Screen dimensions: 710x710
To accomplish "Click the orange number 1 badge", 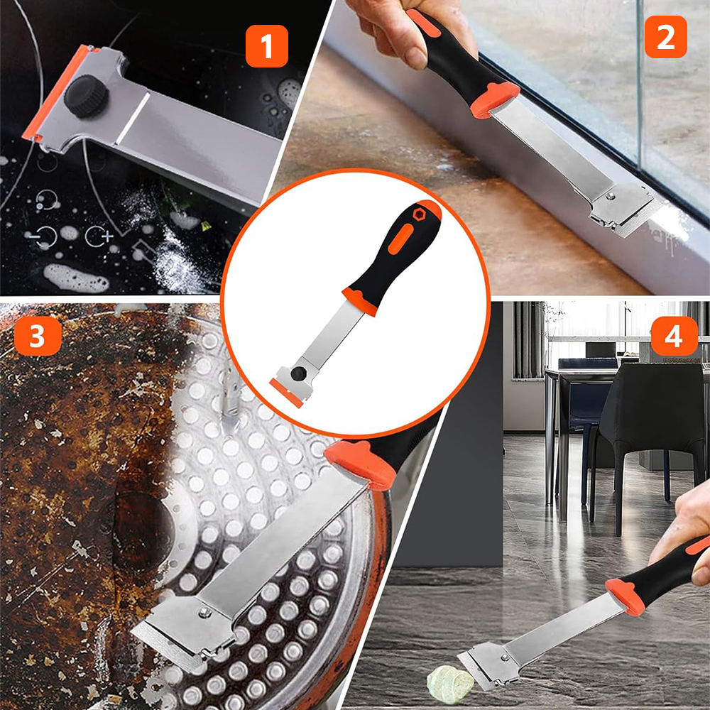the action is click(267, 46).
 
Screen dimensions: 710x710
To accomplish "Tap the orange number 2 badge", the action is click(666, 37).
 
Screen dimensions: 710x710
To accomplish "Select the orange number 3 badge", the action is click(38, 336).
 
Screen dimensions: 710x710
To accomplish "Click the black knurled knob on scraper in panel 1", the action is click(86, 96).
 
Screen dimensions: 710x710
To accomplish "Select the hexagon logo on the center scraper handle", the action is click(417, 214).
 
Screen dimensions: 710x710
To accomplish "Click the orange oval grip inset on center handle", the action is click(400, 239).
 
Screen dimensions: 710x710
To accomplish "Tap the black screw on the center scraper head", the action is click(298, 373).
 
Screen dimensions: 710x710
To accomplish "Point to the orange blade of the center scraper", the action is click(286, 393).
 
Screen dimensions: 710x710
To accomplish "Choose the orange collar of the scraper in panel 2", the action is click(494, 99).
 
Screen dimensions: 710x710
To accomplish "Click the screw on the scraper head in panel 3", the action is click(205, 612).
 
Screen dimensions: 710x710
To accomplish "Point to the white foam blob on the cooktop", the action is click(76, 278).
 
